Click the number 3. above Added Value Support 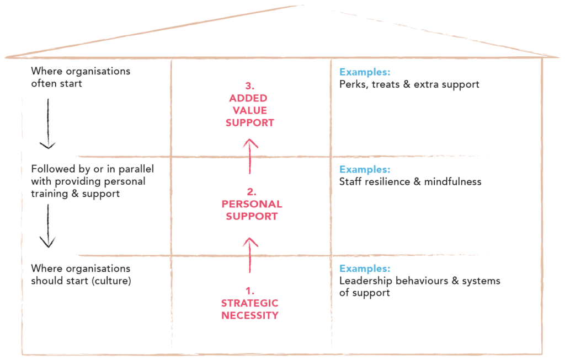[x=249, y=86]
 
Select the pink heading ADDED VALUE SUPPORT [x=249, y=110]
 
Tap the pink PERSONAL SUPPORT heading [x=251, y=210]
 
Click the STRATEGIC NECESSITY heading [x=250, y=309]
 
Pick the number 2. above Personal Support [x=251, y=192]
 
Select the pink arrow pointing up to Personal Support [x=250, y=254]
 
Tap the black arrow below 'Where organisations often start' [x=49, y=123]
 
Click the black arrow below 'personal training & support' [x=49, y=225]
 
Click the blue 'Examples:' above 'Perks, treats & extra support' [x=364, y=72]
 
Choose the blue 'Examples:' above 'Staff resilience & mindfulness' [x=364, y=169]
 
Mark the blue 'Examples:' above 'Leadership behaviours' [x=364, y=268]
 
